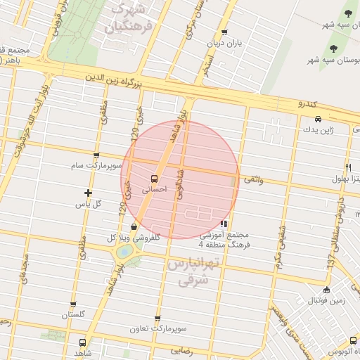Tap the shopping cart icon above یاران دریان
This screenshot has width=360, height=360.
click(224, 32)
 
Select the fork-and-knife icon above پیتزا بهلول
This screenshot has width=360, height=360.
click(348, 167)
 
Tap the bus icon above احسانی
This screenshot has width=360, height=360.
click(154, 178)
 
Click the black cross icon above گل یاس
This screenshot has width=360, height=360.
click(88, 193)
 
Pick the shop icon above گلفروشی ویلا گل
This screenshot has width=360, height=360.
click(134, 226)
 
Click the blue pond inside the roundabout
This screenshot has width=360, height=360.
click(124, 250)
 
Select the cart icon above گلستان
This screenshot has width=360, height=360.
click(73, 304)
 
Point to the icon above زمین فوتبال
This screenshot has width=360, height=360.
click(326, 290)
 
